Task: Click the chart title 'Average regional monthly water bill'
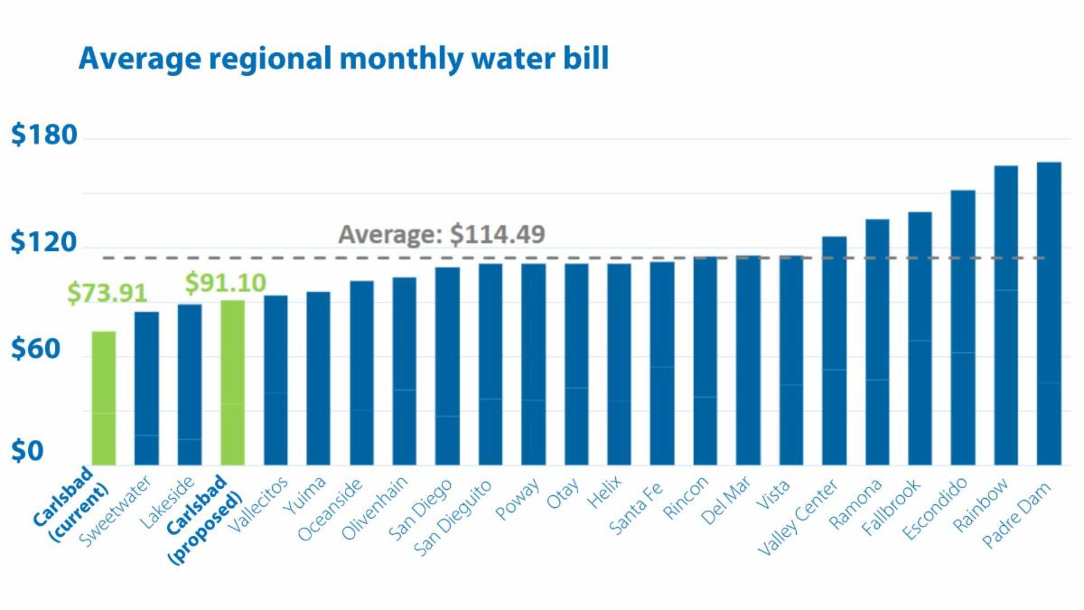[x=343, y=60]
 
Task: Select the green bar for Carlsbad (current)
[x=104, y=398]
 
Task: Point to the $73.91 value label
[x=107, y=294]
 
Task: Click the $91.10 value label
[x=226, y=283]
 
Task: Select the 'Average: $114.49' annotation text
[x=442, y=234]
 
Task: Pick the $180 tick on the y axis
[x=44, y=136]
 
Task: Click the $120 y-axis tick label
[x=44, y=242]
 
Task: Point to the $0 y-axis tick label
[x=27, y=452]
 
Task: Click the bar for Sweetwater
[x=147, y=388]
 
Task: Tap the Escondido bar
[x=963, y=326]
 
